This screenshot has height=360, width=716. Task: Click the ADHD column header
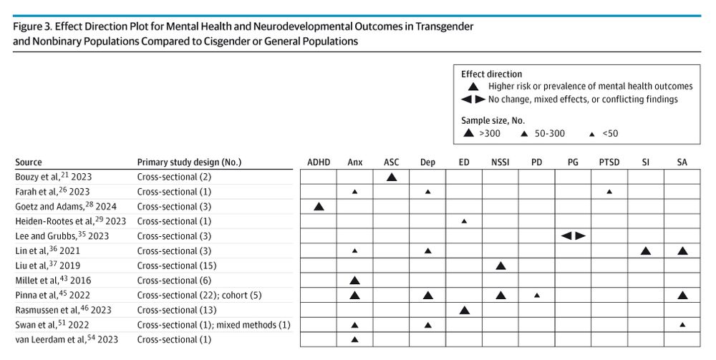pos(319,162)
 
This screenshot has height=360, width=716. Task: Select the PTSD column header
pos(609,162)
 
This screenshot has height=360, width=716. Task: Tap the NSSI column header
pos(500,162)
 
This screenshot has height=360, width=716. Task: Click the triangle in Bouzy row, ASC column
pos(392,176)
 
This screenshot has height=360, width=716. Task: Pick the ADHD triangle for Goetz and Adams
pos(319,206)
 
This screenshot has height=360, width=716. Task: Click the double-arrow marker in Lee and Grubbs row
pos(573,235)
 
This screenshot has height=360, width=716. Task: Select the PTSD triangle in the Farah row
pos(609,192)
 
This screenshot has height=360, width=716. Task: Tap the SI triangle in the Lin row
pos(646,250)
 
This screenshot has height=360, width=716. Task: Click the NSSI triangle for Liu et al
pos(500,266)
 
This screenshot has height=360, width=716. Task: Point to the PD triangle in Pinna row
pos(537,295)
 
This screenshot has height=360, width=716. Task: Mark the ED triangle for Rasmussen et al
pos(464,310)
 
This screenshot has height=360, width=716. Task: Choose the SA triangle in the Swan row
pos(682,325)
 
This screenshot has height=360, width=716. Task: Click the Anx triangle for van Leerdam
pos(355,339)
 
